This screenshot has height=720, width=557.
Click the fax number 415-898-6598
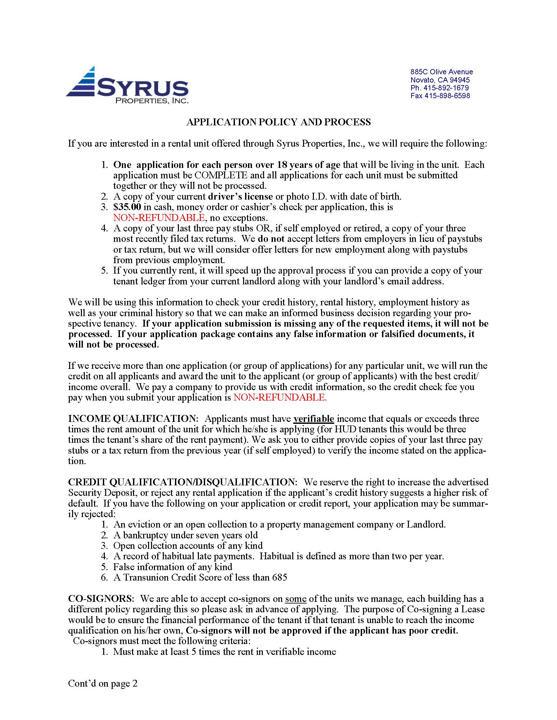(440, 96)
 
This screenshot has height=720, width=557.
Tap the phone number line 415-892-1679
(439, 88)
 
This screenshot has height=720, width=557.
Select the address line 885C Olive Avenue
(442, 72)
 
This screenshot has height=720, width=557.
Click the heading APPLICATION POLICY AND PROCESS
(278, 122)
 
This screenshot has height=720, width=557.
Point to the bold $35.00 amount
(127, 207)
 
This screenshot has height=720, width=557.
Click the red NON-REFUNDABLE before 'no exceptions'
(159, 218)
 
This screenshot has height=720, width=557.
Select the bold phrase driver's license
(240, 197)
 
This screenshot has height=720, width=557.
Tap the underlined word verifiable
(314, 419)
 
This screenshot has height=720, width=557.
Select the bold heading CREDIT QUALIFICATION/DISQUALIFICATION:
(183, 482)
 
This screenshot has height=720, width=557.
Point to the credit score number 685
(279, 578)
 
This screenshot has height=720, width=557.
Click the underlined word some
(296, 599)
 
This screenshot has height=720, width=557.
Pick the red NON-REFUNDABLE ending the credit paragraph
(280, 398)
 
